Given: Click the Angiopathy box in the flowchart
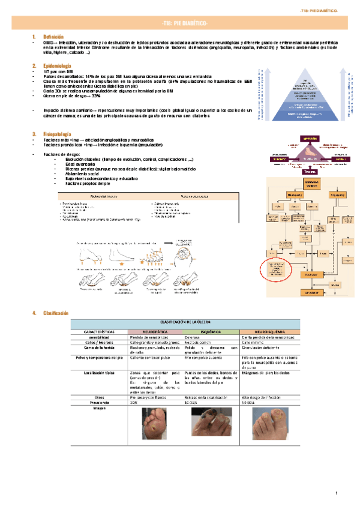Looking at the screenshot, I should (334, 194).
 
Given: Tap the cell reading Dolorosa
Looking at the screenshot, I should (193, 337).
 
